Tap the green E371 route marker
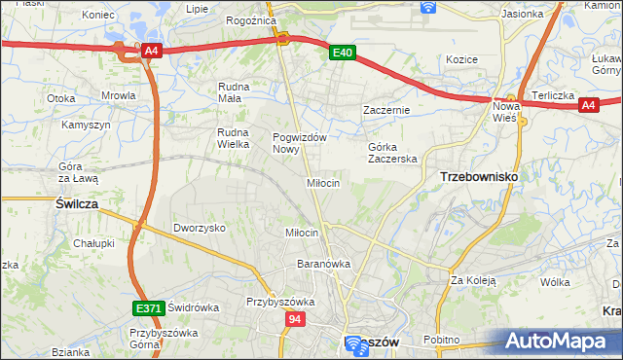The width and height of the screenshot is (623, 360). point(148,308)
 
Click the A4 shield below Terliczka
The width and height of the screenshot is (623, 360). point(588,107)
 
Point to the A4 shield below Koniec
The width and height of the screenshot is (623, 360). point(150,52)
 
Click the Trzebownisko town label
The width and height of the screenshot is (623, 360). point(479,176)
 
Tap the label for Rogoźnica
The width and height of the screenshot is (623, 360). point(247,19)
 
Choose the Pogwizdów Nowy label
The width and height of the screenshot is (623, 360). point(299,143)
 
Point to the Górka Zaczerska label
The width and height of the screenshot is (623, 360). point(392,153)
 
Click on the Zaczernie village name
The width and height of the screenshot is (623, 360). point(386,111)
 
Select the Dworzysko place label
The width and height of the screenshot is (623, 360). point(200,228)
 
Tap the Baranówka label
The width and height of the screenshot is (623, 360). point(323,264)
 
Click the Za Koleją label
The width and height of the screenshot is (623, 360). point(473,281)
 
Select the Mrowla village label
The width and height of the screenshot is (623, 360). point(119,96)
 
